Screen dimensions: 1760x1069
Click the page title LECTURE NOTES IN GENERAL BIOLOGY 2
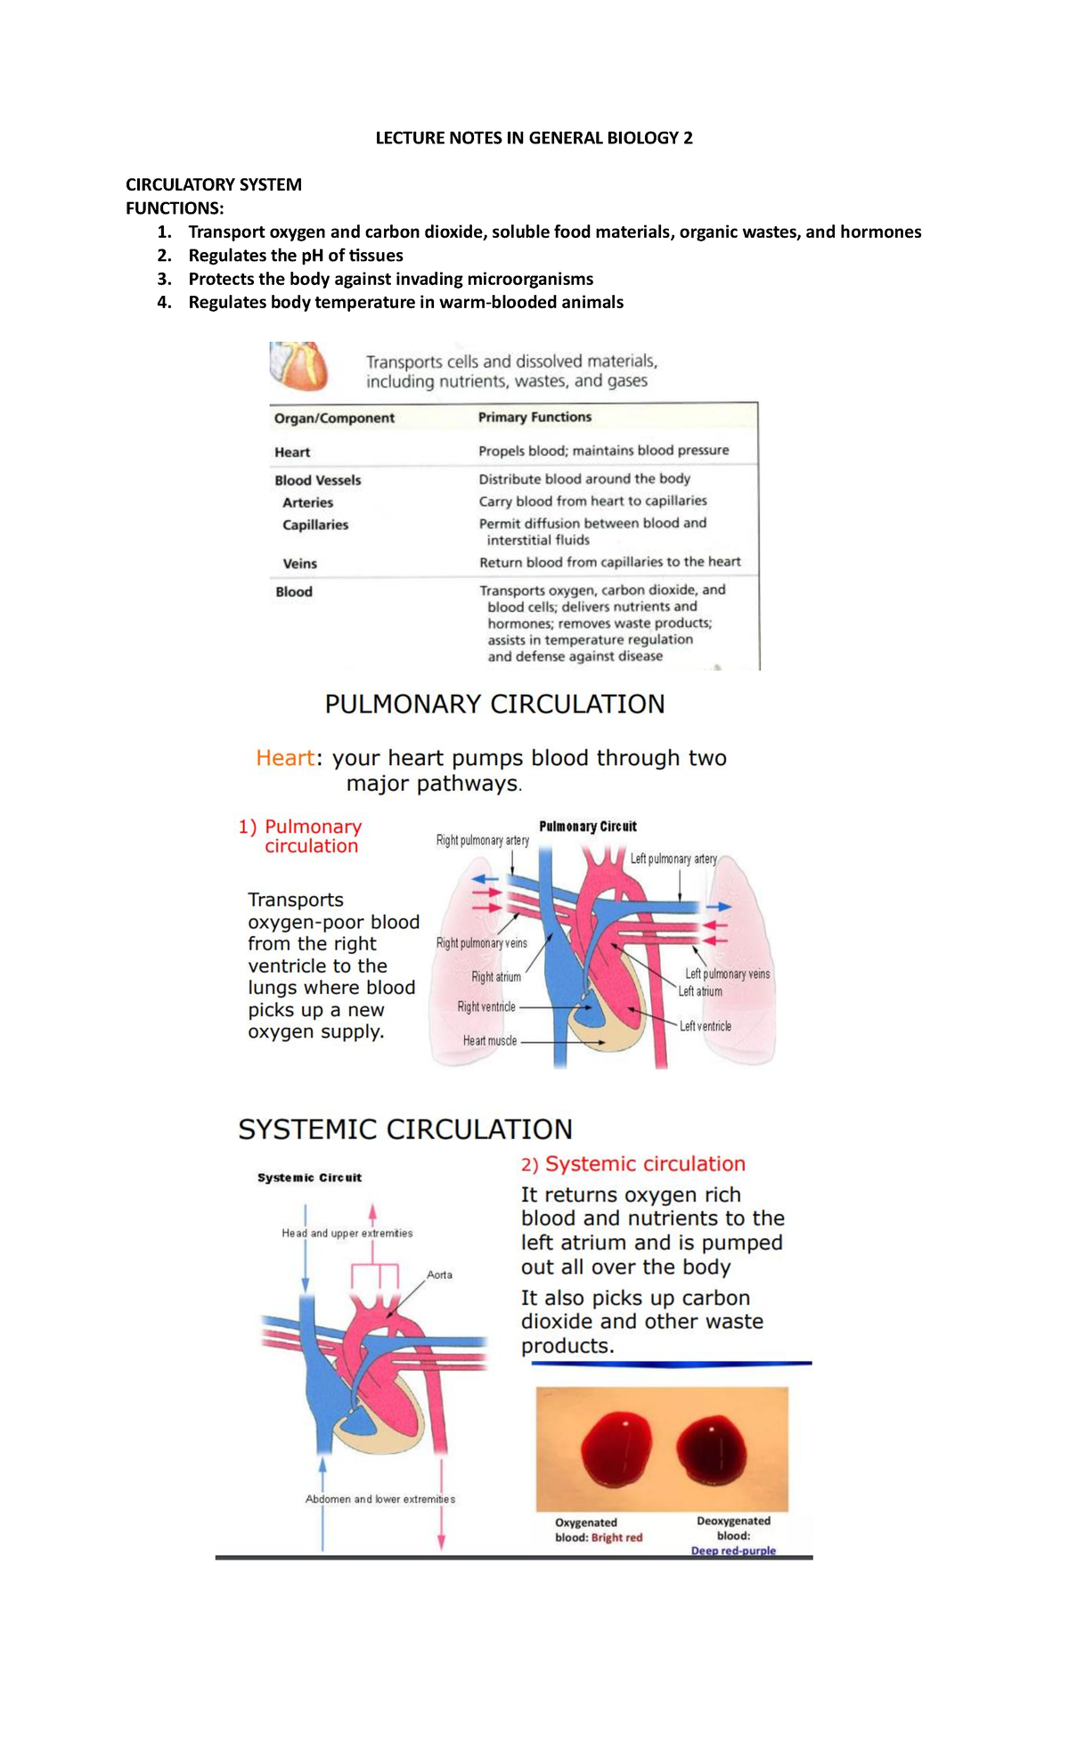coord(534,138)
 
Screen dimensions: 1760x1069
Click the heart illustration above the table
coord(299,366)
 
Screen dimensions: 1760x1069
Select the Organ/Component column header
coord(334,418)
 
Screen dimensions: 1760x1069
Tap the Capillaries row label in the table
coord(315,525)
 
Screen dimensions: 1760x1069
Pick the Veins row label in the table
coord(299,563)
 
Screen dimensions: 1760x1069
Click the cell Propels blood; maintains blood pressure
coord(603,451)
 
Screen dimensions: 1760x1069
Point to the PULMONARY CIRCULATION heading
coord(494,705)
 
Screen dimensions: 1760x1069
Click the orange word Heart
coord(284,758)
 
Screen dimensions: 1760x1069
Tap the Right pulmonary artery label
coord(482,840)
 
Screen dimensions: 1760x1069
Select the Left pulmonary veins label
coord(727,974)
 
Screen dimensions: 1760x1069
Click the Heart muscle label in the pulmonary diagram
coord(489,1040)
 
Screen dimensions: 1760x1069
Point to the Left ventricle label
coord(705,1026)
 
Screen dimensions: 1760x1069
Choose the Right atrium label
coord(495,977)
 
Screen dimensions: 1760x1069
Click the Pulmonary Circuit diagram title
coord(587,827)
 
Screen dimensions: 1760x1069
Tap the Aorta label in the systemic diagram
coord(439,1275)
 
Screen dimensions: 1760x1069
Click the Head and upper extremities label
coord(347,1234)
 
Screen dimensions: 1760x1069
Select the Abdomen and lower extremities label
coord(379,1499)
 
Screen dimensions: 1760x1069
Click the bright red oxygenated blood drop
coord(616,1448)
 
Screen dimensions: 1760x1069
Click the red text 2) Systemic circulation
coord(632,1164)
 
